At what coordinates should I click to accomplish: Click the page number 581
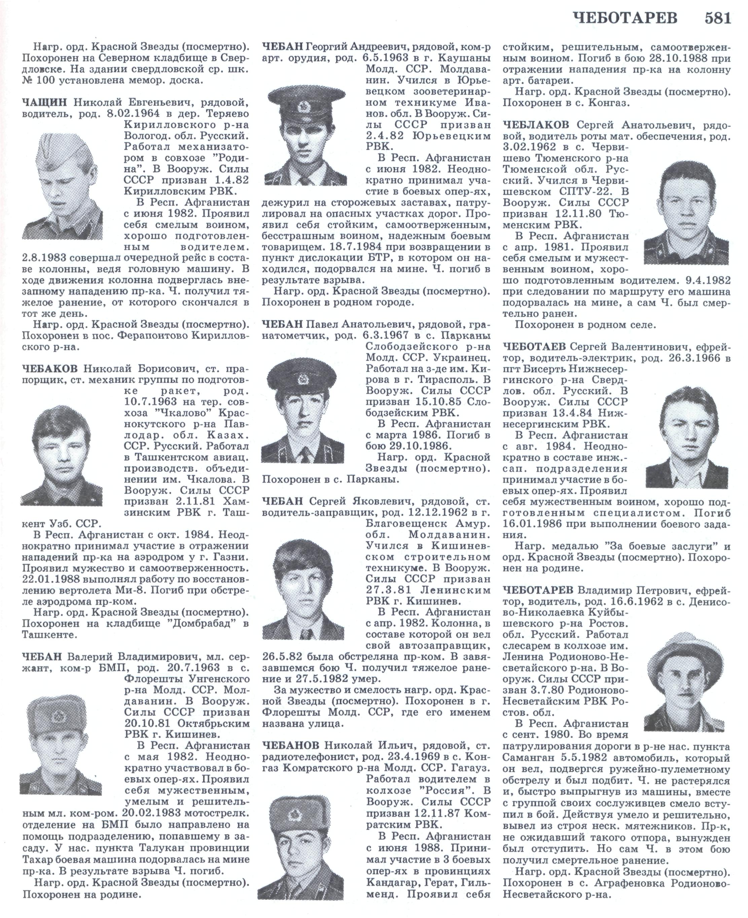click(718, 18)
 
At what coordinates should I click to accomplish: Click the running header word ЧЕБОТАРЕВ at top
click(625, 18)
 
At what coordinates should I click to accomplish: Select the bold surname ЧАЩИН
click(45, 102)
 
